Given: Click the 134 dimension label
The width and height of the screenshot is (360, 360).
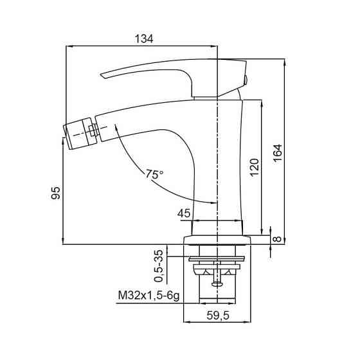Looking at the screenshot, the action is point(144,39).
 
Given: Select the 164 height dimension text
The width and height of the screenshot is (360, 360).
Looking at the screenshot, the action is point(278,154).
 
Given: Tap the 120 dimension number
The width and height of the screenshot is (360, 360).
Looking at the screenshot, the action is point(255,167).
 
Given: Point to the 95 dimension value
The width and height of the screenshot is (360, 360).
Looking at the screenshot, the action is point(55,193).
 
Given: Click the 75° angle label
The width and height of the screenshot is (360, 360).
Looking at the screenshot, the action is point(154,174).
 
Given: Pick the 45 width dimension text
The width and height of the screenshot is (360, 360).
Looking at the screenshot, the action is point(184,213).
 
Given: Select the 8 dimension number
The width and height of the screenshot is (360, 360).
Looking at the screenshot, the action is point(278,239).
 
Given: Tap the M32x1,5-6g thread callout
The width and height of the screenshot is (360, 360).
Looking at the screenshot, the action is point(148,296).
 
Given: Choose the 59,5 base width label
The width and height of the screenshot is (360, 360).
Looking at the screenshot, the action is point(218,315).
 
